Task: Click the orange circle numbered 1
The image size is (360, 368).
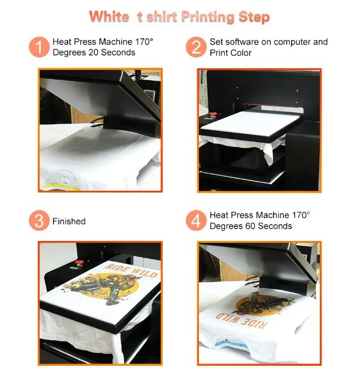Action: coord(39,47)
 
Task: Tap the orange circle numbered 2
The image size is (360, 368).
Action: coord(196,47)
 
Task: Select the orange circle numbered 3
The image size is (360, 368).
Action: coord(39,221)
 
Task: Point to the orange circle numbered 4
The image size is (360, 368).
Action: coord(196,221)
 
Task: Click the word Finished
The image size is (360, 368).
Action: coord(69,221)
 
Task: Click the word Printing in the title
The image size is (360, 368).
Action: coord(207,17)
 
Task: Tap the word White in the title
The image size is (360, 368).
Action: coord(109,16)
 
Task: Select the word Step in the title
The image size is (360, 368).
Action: coord(254,17)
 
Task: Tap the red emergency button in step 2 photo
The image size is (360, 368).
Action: coord(213,115)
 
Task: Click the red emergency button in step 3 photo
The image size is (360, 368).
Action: coord(80,262)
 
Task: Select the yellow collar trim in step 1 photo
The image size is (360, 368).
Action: coord(62,187)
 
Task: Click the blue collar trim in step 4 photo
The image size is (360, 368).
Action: coord(232,344)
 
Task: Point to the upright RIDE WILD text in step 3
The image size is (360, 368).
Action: coord(131,270)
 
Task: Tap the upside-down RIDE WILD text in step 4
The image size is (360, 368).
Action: coord(241,319)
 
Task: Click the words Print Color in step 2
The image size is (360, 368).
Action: coord(230,53)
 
